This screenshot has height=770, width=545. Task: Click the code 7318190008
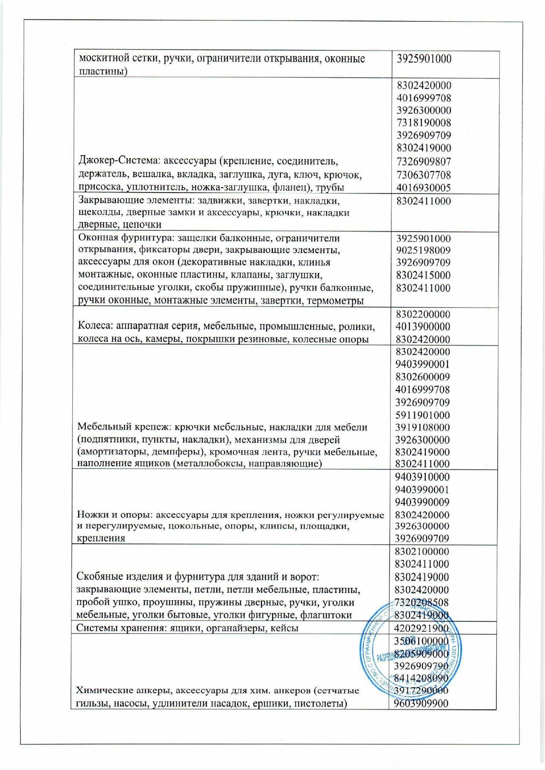tap(423, 123)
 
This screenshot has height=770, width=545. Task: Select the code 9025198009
tap(423, 251)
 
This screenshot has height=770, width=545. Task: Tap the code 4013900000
tap(423, 327)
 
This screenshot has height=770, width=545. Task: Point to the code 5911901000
tap(423, 415)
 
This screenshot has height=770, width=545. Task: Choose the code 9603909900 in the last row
tap(421, 704)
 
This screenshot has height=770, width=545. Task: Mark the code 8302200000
tap(423, 315)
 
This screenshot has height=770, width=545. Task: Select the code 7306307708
tap(423, 175)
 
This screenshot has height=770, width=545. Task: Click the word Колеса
tap(92, 326)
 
